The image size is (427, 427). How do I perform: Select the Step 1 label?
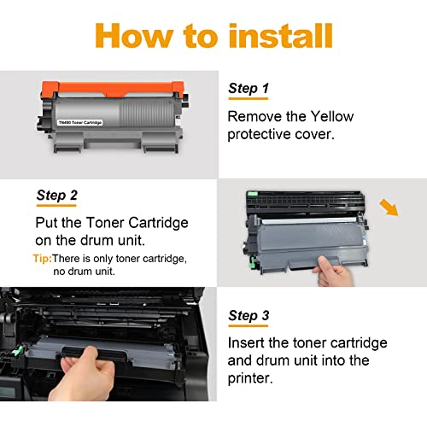(x=249, y=88)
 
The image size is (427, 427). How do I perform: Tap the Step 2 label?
(x=57, y=196)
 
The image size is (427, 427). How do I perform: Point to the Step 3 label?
(x=249, y=316)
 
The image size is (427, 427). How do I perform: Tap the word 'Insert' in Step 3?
(x=249, y=342)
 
